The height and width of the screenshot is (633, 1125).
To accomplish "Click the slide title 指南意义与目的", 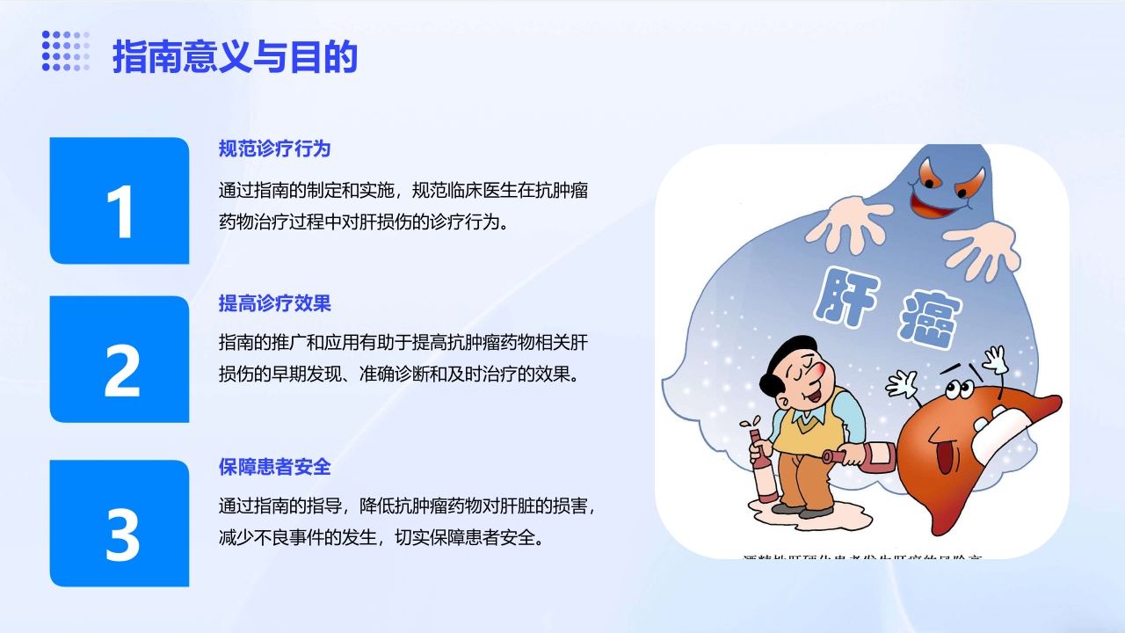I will click(x=235, y=56).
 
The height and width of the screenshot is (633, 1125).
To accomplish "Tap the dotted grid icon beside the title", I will click(x=66, y=51).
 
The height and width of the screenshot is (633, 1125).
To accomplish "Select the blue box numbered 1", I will click(x=120, y=201).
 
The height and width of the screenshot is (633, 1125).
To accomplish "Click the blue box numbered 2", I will click(x=120, y=360).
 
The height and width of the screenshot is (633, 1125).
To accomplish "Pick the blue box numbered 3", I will click(x=120, y=523).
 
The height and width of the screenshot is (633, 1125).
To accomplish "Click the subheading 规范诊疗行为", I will click(x=274, y=149).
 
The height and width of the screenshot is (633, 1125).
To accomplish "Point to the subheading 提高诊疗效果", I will click(x=274, y=303).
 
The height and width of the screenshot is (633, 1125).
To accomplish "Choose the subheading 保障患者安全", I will click(x=274, y=467).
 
